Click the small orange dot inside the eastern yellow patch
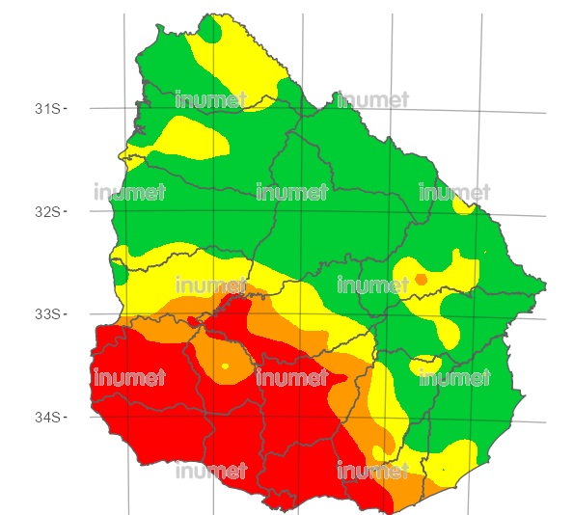click(x=421, y=280)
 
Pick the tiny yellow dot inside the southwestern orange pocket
click(x=225, y=366)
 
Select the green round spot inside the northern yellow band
click(x=211, y=35)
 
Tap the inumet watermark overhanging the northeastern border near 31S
click(x=372, y=99)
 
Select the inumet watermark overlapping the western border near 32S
click(x=130, y=192)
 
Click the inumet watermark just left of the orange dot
click(x=372, y=285)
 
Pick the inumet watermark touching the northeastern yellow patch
click(x=454, y=192)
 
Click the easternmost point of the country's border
click(x=547, y=285)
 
